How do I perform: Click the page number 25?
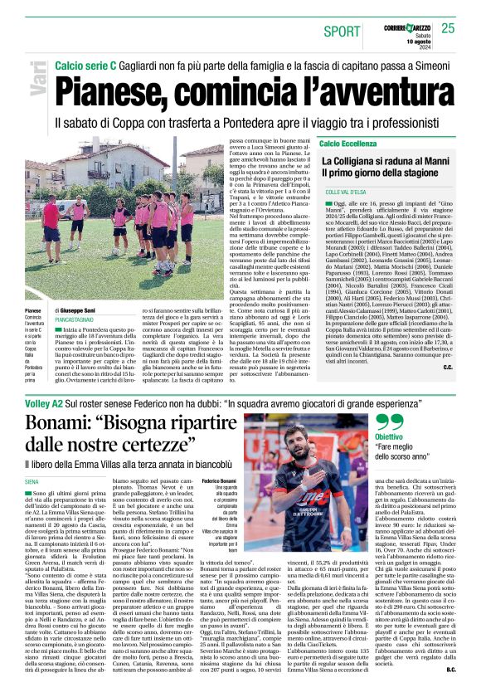[448, 28]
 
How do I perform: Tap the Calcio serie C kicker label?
[86, 65]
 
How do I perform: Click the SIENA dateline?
[32, 480]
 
